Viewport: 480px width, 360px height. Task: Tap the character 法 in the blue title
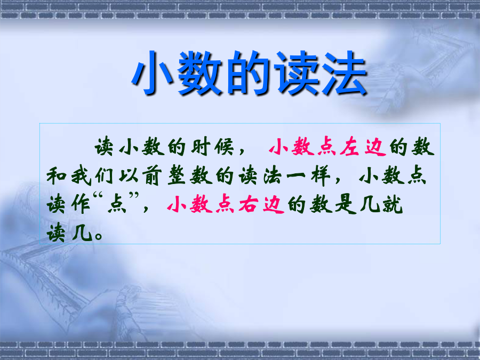point(345,73)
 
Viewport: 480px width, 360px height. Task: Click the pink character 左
point(349,147)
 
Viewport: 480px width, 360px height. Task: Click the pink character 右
point(248,204)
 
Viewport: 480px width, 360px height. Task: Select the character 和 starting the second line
point(57,176)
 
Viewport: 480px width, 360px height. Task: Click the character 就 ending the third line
point(393,204)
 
